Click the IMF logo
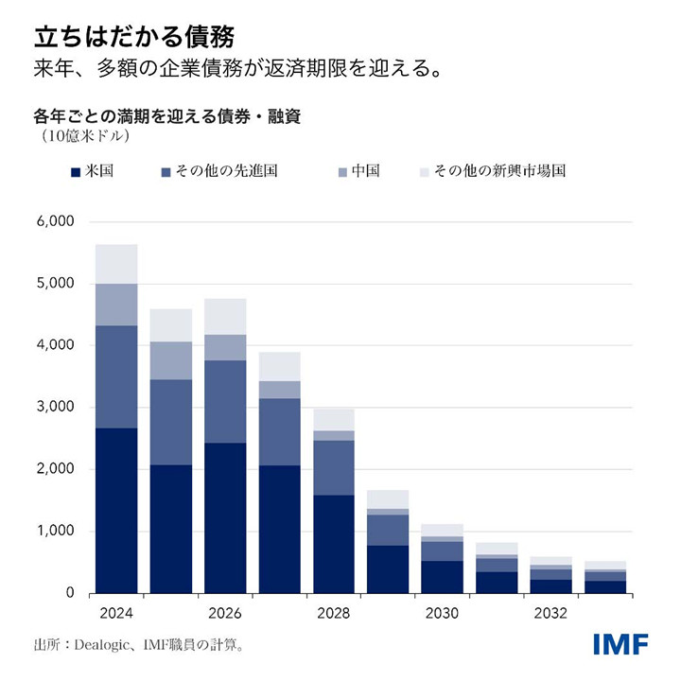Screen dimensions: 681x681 [x=620, y=645]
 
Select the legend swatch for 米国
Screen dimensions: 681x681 [x=76, y=172]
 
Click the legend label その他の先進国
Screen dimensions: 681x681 [x=226, y=171]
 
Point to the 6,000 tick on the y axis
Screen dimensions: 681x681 [x=54, y=222]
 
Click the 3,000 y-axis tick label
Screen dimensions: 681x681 [x=54, y=408]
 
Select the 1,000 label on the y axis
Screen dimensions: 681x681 [x=54, y=532]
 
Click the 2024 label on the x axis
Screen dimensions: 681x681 [x=116, y=613]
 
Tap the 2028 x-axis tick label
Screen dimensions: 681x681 [x=334, y=613]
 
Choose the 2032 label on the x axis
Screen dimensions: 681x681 [x=551, y=613]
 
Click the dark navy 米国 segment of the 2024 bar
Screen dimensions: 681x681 [x=116, y=511]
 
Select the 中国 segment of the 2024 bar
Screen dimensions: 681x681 [x=116, y=305]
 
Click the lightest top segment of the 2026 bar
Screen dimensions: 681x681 [x=225, y=316]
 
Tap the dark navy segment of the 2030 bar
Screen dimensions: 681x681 [x=443, y=577]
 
